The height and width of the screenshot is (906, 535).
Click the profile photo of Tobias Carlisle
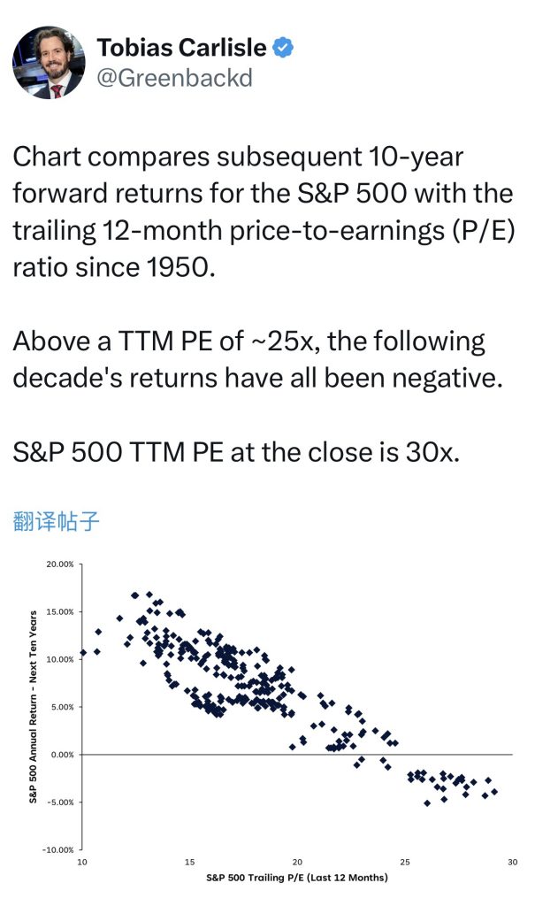point(49,62)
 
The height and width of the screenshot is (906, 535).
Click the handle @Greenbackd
point(174,78)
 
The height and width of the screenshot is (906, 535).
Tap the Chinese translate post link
point(56,521)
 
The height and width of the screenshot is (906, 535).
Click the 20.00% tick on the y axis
point(60,564)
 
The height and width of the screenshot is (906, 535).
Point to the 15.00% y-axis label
point(60,612)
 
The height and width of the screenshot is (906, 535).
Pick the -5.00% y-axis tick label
point(60,802)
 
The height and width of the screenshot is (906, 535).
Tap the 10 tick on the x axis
point(82,862)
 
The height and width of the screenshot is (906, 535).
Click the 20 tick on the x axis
point(297,862)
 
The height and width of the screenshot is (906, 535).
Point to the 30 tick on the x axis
point(512,862)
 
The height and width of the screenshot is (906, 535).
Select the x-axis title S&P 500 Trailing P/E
point(297,878)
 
